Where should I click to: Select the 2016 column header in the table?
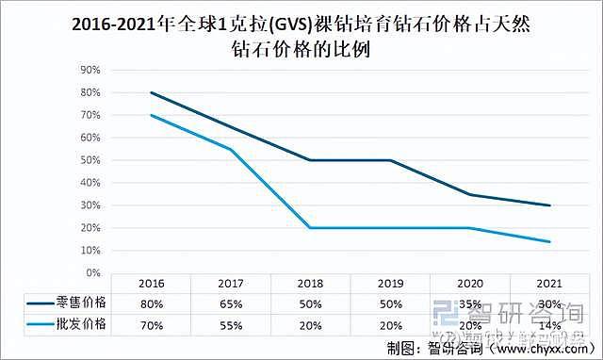[x=152, y=283]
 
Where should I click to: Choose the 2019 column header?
[x=391, y=283]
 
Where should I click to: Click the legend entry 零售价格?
[x=85, y=303]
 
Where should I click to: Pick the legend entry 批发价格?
[x=85, y=323]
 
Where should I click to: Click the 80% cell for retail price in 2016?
[x=152, y=303]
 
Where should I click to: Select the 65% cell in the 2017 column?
[x=232, y=303]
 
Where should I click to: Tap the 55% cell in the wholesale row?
[x=232, y=323]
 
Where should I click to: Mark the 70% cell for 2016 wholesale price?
[x=152, y=323]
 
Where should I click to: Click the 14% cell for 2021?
[x=550, y=323]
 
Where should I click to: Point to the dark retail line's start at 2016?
[x=152, y=92]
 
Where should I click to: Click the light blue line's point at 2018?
[x=311, y=228]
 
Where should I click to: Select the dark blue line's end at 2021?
[x=550, y=205]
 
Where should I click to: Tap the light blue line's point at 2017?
[x=232, y=149]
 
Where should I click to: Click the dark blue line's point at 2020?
[x=470, y=194]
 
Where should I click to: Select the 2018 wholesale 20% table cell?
[x=311, y=323]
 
